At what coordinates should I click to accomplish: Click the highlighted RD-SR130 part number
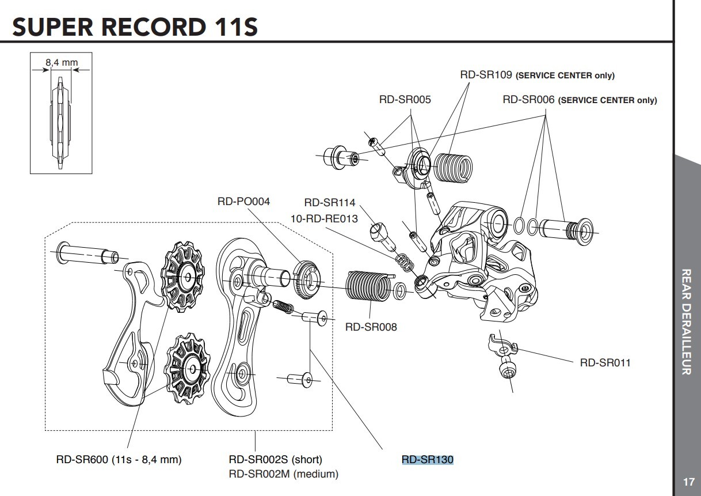[428, 459]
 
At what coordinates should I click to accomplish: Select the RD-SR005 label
[405, 99]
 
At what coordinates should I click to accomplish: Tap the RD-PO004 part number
[243, 202]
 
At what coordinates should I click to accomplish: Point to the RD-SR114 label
[330, 202]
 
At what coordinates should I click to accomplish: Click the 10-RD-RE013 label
[324, 218]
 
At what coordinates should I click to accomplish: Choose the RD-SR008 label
[371, 327]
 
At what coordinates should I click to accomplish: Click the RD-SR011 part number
[605, 362]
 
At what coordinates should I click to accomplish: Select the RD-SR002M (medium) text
[283, 474]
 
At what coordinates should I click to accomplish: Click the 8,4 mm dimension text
[62, 62]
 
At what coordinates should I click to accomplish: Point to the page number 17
[688, 482]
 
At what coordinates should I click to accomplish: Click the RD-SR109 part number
[485, 75]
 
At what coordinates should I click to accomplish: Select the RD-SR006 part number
[528, 99]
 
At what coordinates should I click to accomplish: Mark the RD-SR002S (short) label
[275, 459]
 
